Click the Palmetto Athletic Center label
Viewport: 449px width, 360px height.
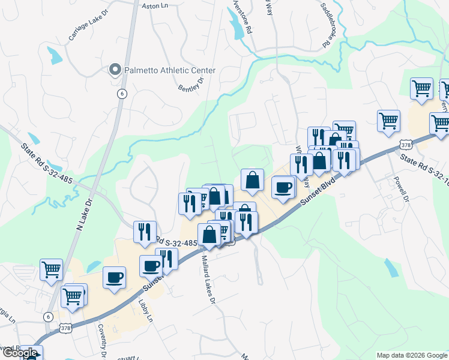pos(169,71)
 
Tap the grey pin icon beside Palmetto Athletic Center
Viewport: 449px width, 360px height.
pos(115,71)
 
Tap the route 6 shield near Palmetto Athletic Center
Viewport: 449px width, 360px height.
pos(122,94)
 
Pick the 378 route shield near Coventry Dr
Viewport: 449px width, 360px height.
pos(67,328)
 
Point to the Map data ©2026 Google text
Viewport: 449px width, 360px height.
pos(412,355)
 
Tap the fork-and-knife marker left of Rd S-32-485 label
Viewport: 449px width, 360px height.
pos(145,232)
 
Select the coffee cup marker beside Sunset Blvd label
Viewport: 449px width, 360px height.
pos(283,187)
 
